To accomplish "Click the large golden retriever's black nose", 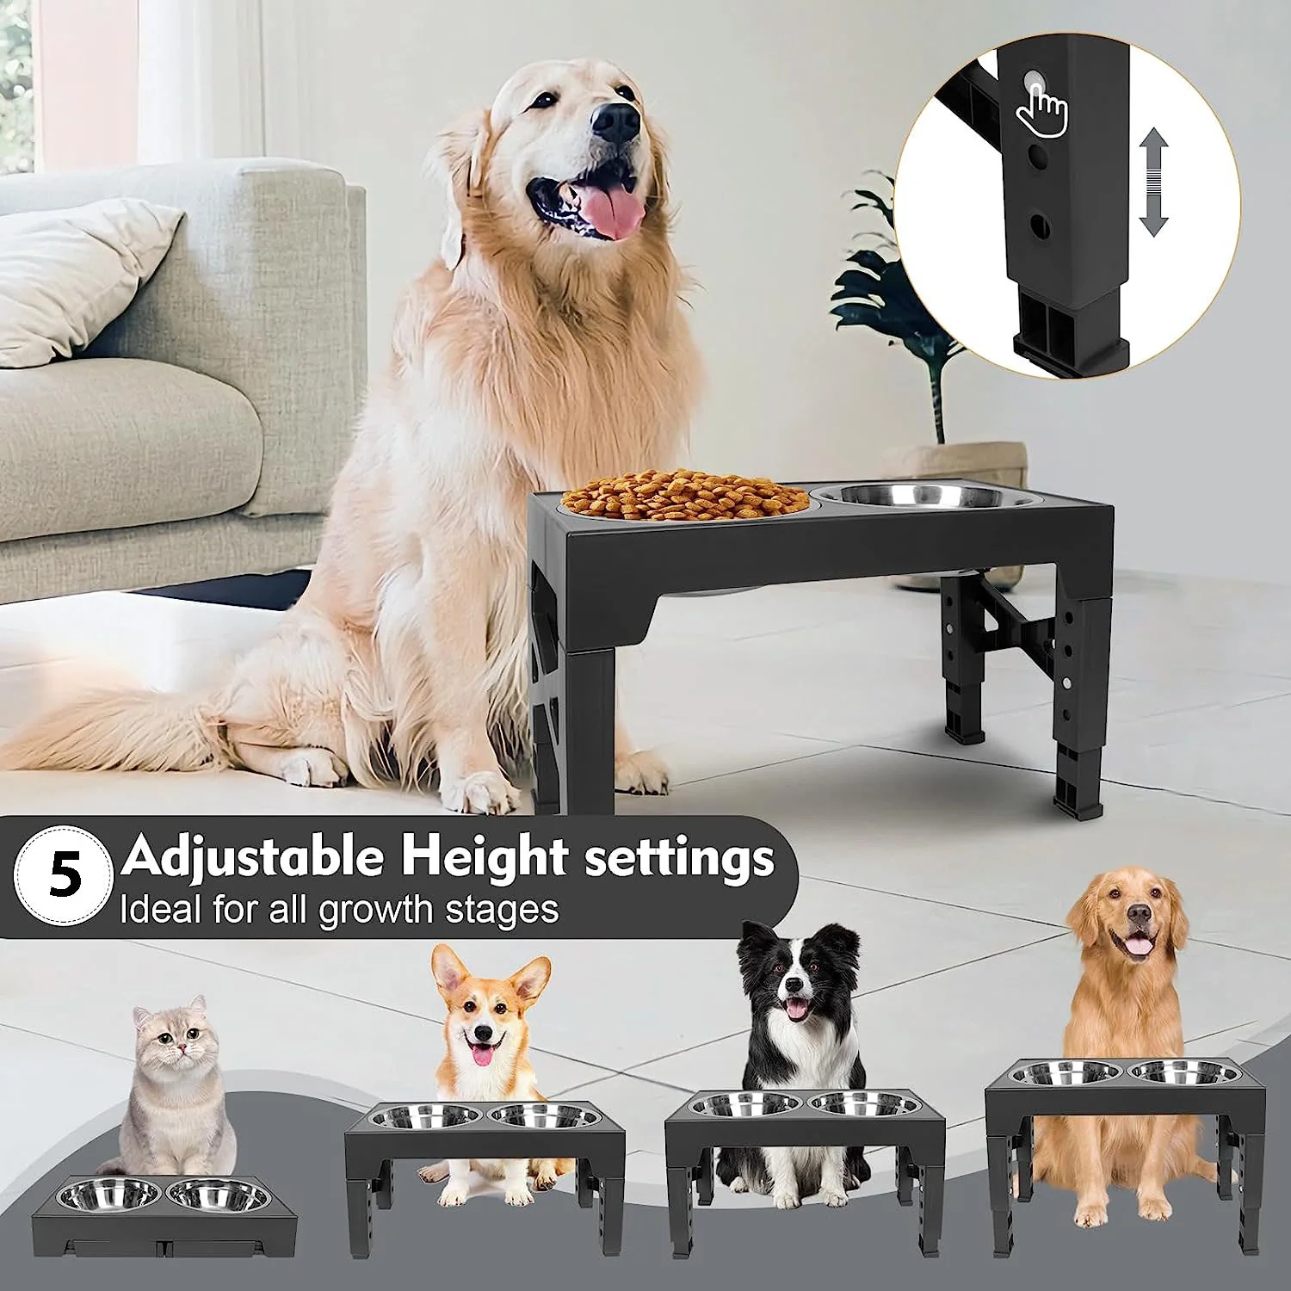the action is (616, 122).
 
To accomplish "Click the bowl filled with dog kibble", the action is (686, 496).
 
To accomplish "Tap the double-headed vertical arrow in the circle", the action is (1153, 182).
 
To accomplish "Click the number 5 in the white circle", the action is (65, 875).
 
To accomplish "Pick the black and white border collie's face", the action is (799, 976).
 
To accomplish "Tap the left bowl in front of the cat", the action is (109, 1195).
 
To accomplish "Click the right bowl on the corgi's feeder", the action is (545, 1116).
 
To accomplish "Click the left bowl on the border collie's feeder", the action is (746, 1104).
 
